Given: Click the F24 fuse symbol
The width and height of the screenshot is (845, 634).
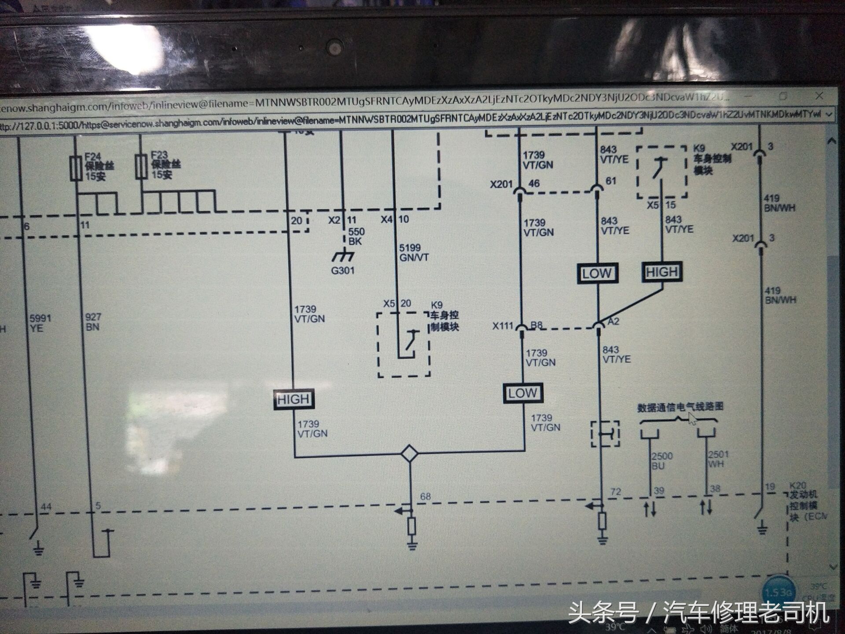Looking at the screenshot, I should coord(76,167).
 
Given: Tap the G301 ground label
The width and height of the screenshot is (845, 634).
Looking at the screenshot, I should coord(343,270).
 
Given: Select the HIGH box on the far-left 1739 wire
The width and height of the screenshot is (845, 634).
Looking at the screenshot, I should coord(294,399).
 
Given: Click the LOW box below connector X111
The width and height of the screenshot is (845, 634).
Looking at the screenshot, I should coord(523,393).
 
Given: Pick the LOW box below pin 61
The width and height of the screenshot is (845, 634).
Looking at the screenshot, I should coord(597,273).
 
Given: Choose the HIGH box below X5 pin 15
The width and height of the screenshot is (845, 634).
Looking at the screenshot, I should coord(661,272).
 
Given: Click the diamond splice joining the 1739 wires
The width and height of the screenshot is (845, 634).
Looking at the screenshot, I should coord(409,453).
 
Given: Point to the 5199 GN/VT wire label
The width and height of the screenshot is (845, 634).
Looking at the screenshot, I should coord(413,253).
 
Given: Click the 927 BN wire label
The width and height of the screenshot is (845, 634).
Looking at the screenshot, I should coord(93,322).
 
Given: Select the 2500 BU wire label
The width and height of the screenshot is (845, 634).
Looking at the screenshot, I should coord(661,461).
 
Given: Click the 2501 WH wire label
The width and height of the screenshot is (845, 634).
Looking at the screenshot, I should coord(718,459).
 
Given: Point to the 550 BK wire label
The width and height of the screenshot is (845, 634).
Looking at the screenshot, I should coord(356,236).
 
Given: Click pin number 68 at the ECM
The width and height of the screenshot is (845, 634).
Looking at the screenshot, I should coord(425,497).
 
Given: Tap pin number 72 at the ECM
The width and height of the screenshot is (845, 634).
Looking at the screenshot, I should coord(615,492).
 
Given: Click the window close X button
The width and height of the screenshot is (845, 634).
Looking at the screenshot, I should coord(819,96).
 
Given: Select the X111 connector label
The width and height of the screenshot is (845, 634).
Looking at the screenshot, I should coord(503,326).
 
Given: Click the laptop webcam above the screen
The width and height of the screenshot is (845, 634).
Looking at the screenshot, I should coord(334,46).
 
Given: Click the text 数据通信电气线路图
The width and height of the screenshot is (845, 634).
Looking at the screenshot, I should coord(680,407).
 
